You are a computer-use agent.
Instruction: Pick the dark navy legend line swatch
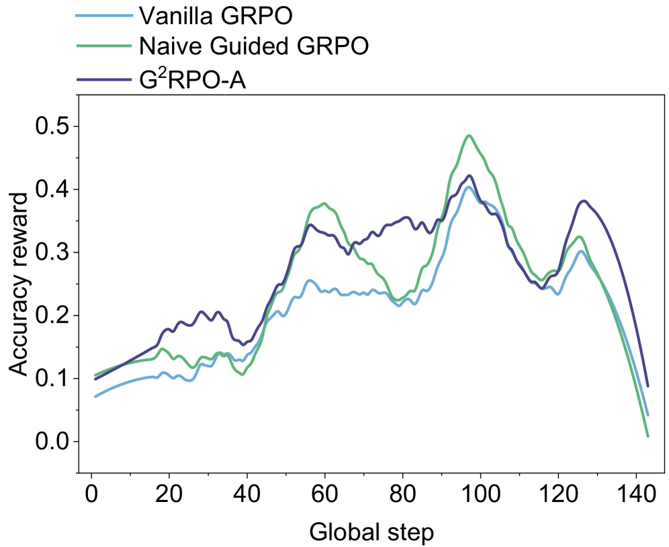101,80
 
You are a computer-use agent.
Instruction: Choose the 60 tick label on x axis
324,496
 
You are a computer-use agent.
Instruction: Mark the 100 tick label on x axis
480,496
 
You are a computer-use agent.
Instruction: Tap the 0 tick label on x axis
91,496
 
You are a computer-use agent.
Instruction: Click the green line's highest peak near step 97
470,136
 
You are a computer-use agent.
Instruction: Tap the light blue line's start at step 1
95,397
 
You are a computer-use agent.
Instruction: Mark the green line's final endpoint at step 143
648,436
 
